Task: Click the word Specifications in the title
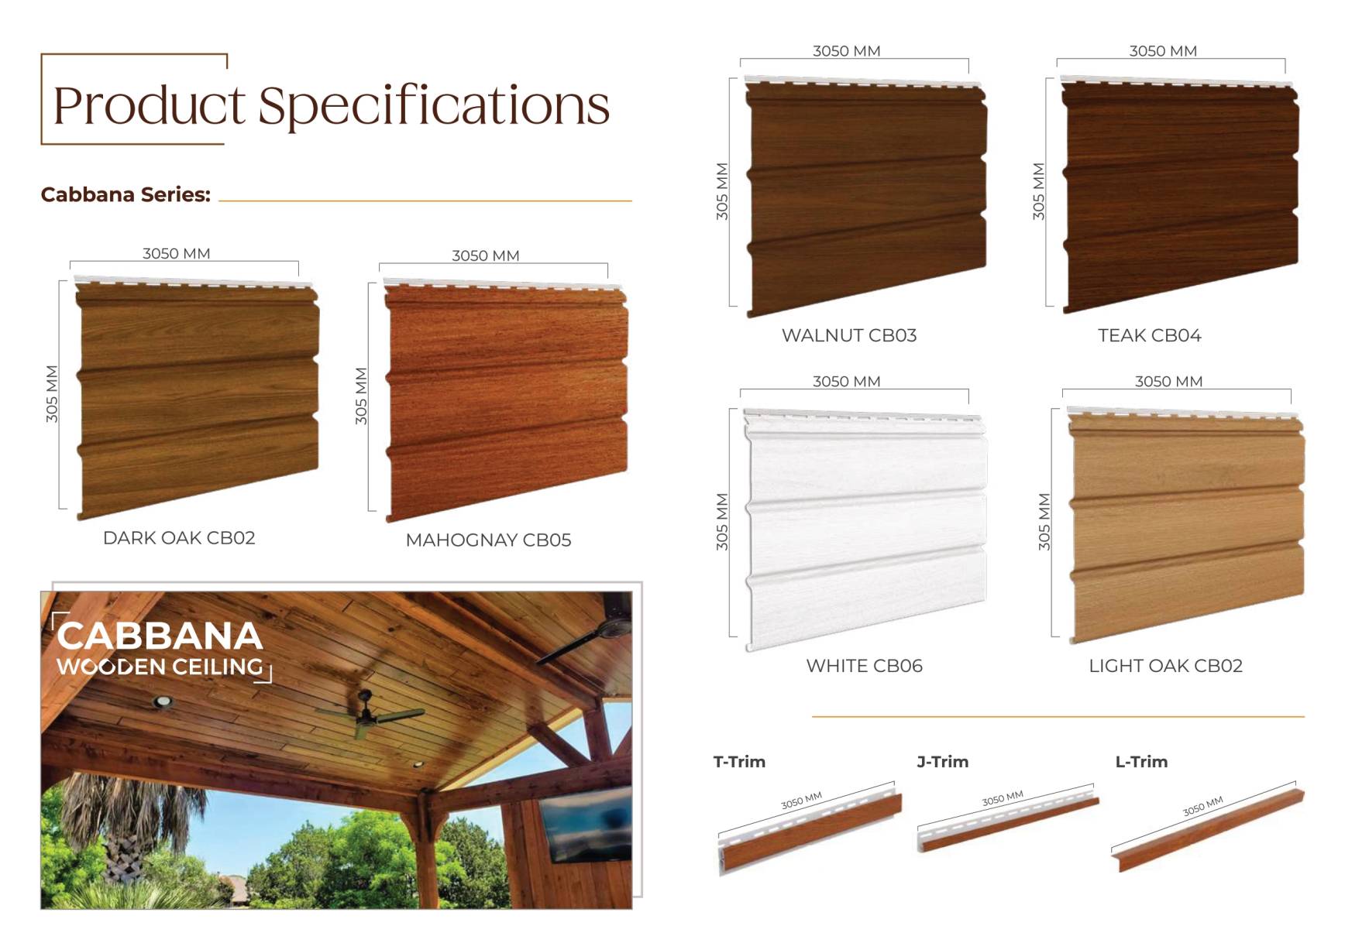point(434,107)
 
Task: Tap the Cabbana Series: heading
point(126,194)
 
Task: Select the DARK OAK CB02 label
point(179,538)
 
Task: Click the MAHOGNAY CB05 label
point(488,540)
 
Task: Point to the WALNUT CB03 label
point(849,335)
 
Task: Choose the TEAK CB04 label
point(1150,335)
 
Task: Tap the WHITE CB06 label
point(865,666)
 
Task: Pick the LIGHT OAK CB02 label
point(1166,666)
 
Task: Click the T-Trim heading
point(739,762)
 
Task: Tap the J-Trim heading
point(943,762)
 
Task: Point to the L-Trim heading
point(1141,762)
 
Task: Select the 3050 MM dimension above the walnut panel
point(847,51)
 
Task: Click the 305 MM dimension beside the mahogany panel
point(361,396)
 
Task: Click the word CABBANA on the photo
point(160,636)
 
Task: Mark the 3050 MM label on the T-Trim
point(801,801)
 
